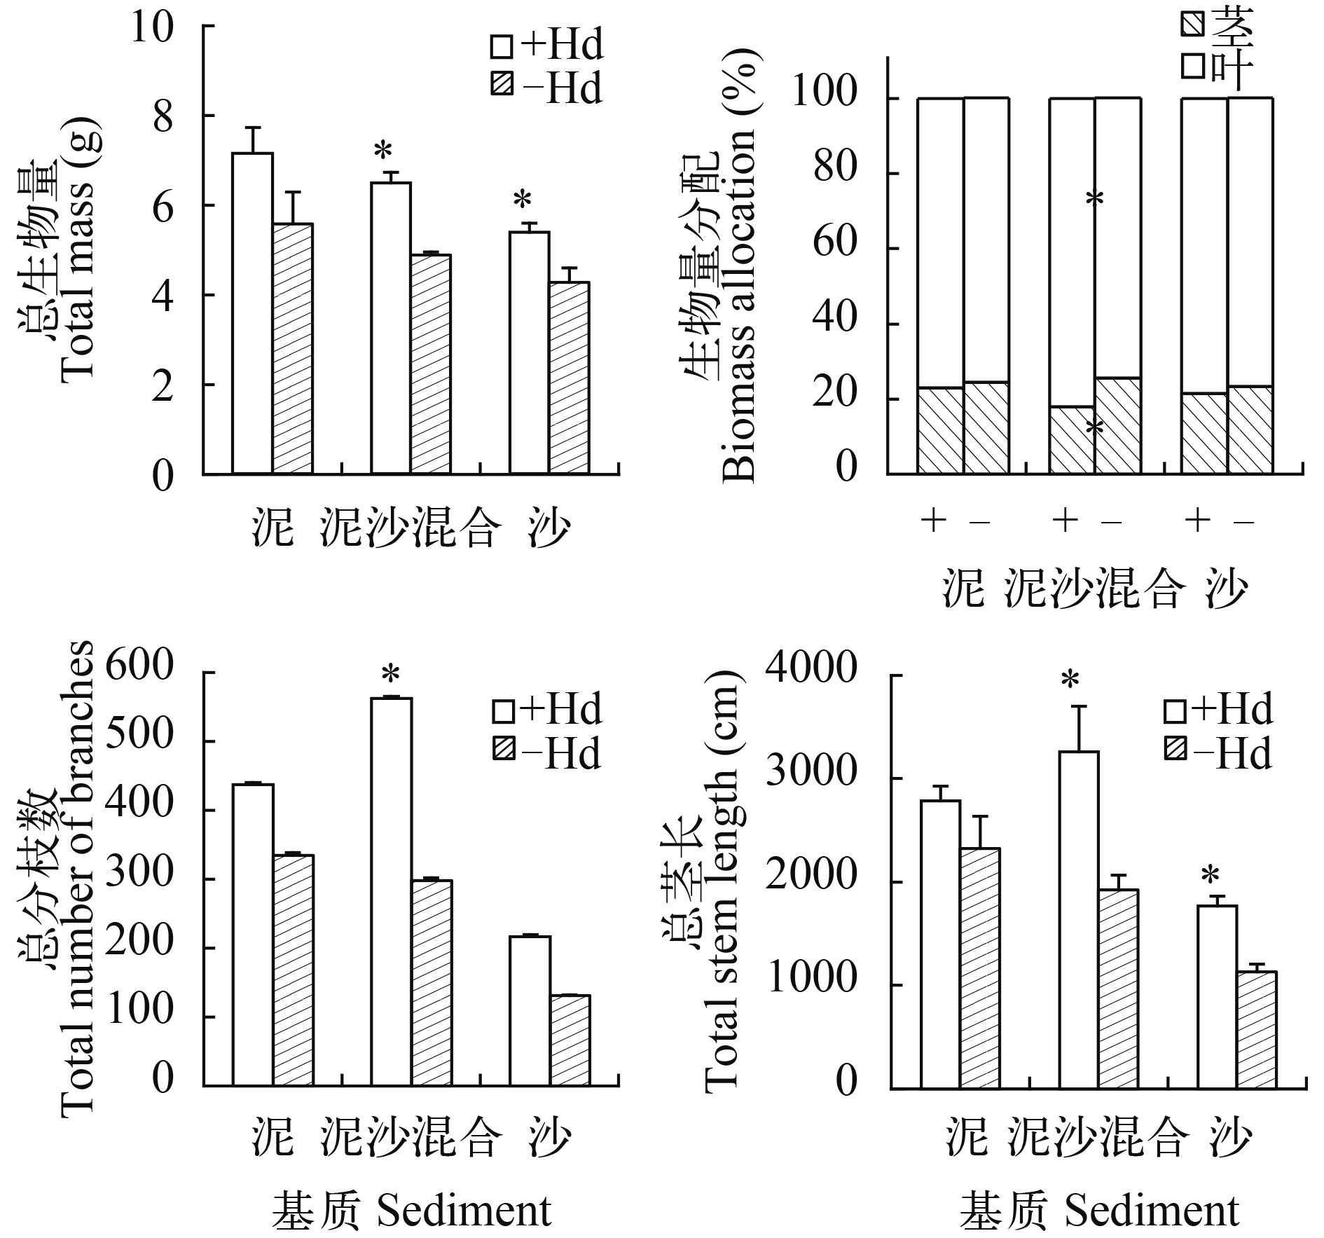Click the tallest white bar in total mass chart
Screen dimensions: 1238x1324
tap(252, 313)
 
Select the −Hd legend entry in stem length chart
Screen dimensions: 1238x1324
tap(1217, 755)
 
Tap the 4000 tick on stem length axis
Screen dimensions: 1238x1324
tap(811, 674)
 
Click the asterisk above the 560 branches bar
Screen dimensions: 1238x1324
tap(390, 675)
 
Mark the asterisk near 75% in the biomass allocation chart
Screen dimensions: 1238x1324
tap(1094, 199)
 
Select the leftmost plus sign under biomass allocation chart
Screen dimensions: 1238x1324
tap(932, 521)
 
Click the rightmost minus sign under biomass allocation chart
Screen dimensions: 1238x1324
tap(1242, 522)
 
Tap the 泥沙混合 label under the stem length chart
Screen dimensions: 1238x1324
tap(1097, 1137)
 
